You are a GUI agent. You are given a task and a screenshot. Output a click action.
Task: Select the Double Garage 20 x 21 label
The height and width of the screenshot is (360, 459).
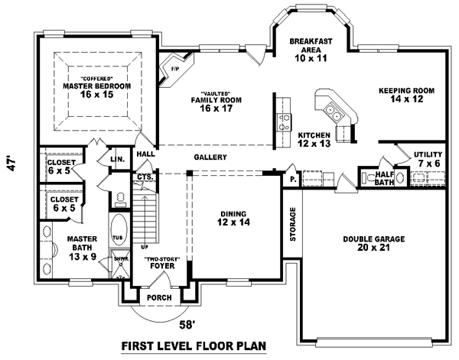click(374, 243)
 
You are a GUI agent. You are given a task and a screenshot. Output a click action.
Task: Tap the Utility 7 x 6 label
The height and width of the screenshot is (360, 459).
click(427, 159)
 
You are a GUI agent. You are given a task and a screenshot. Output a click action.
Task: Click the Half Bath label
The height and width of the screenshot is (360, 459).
click(385, 177)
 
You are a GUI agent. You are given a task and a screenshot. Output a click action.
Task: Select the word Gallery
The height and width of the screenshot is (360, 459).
click(210, 157)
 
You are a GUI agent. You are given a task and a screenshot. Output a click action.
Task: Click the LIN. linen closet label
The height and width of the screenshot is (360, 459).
click(117, 159)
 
